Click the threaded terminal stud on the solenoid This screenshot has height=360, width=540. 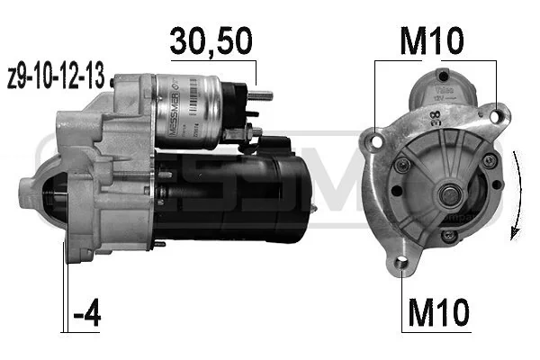pos(263,95)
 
